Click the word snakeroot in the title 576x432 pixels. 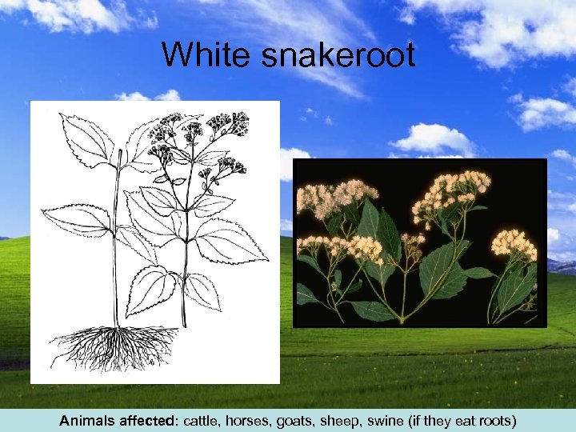pos(329,56)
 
